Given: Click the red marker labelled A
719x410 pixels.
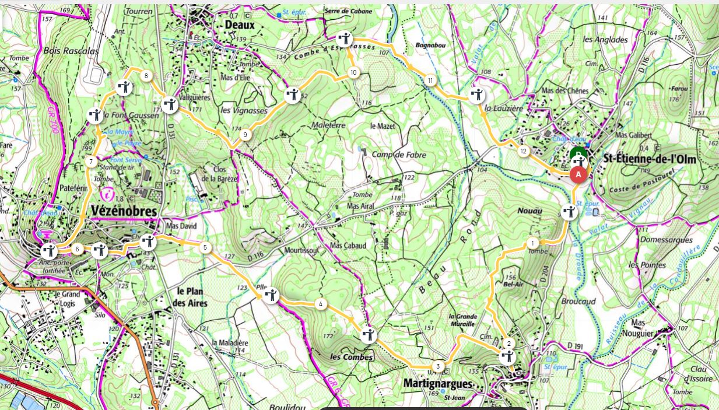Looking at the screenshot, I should [x=578, y=174].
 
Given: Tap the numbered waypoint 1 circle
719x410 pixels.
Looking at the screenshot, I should [x=532, y=243].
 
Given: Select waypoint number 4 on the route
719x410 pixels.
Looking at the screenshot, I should [x=320, y=304].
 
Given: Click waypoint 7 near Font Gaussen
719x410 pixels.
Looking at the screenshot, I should [x=90, y=162].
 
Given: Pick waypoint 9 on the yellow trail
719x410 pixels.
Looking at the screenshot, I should [x=245, y=135].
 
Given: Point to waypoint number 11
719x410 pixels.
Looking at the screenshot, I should [x=430, y=80].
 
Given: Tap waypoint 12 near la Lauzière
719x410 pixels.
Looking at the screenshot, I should [x=523, y=152].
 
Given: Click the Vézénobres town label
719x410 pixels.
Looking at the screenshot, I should [x=124, y=212].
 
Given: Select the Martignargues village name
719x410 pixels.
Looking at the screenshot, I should [x=437, y=383].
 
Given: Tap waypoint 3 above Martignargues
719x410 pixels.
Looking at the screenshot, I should [x=439, y=366].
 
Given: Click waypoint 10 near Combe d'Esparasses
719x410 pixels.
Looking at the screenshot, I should [x=353, y=72].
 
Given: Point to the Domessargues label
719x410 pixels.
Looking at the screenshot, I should [x=666, y=240].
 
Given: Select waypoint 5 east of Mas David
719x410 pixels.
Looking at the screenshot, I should [x=205, y=247].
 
